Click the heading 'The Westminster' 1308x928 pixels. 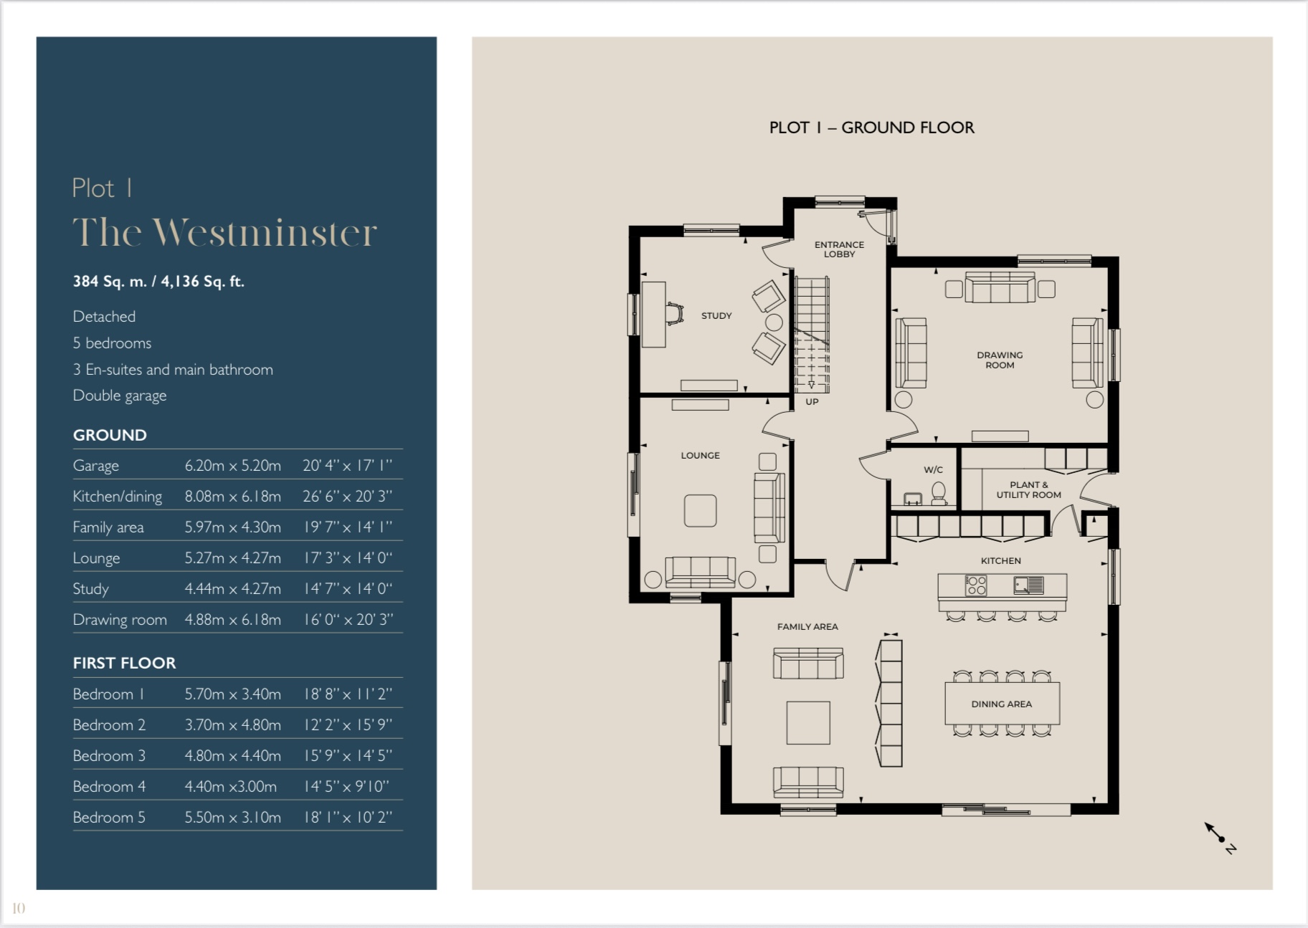(224, 232)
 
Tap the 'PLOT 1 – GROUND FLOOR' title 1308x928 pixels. (871, 128)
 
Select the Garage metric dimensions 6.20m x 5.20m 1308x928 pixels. (232, 465)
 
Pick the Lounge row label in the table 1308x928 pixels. (96, 558)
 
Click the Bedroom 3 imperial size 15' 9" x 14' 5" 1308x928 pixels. (347, 755)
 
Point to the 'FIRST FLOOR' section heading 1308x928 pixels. (124, 663)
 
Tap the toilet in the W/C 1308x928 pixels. (938, 492)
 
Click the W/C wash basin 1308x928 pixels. (912, 498)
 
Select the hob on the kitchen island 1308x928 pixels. (976, 585)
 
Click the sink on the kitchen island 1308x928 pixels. (1028, 585)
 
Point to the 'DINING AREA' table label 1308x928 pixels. (1001, 704)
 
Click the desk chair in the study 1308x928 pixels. (674, 314)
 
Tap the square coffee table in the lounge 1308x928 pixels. (700, 510)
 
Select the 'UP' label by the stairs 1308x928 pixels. (812, 401)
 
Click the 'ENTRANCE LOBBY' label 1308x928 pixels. (839, 249)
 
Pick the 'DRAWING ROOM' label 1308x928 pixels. (1000, 360)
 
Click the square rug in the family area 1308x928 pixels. (808, 722)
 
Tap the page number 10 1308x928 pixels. (19, 908)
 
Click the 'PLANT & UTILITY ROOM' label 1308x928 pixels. (1028, 489)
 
